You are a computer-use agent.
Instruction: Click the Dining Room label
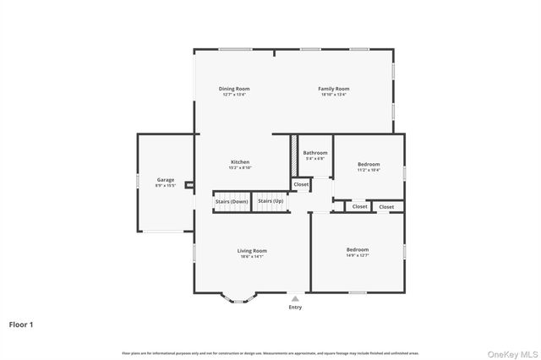234,89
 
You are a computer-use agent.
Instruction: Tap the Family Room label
333,89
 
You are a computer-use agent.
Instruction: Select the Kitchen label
240,162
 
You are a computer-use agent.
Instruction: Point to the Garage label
165,180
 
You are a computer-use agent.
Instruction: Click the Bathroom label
314,153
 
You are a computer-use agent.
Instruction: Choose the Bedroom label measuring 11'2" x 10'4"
369,164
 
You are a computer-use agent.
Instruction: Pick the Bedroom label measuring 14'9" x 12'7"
357,249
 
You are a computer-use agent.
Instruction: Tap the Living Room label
251,250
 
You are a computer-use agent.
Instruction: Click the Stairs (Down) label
231,201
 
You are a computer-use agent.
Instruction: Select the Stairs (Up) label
270,201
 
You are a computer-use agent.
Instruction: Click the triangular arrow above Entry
295,297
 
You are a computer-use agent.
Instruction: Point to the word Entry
295,308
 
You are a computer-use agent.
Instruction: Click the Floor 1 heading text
22,324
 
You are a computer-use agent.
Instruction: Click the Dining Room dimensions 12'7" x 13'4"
234,95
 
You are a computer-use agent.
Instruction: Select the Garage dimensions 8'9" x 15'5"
165,185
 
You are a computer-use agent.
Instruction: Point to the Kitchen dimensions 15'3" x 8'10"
240,167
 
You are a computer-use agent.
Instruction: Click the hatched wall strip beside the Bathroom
294,156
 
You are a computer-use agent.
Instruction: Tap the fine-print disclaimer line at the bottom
270,352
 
